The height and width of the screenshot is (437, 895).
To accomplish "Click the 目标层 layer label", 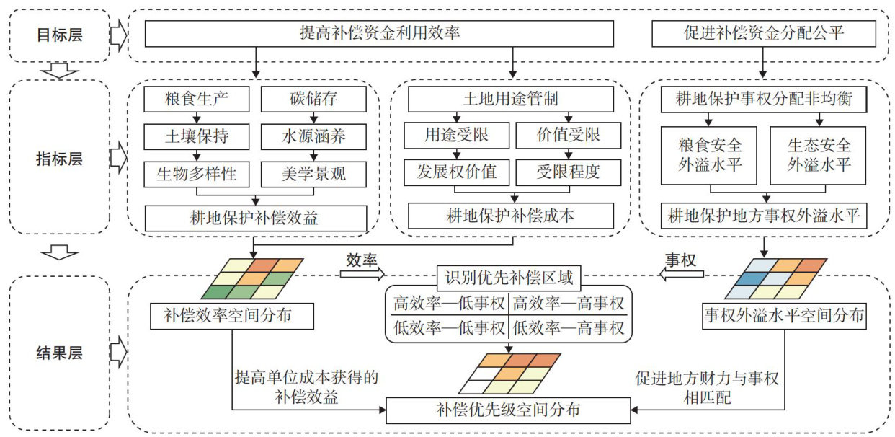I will click(61, 35).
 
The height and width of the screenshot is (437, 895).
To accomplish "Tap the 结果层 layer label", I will click(61, 353).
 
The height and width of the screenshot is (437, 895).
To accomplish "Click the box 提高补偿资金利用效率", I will click(380, 33).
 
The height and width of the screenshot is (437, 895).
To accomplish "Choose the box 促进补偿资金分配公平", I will click(763, 33).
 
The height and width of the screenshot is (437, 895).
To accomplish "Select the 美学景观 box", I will click(313, 173).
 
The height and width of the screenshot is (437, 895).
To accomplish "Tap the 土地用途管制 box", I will click(511, 98).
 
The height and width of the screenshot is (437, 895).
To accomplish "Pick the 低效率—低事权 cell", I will click(449, 329).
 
